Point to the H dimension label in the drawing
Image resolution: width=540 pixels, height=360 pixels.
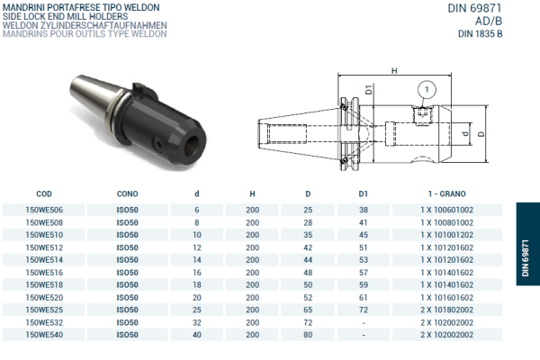point(394,70)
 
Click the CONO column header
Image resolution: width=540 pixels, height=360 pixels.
point(127,193)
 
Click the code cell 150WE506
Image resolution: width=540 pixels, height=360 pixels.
point(44,209)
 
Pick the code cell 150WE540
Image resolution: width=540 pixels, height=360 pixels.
point(44,335)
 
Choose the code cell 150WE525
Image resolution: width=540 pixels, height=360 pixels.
point(44,310)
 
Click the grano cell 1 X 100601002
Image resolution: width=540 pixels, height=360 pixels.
point(446,209)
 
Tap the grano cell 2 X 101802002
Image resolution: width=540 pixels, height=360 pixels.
point(446,310)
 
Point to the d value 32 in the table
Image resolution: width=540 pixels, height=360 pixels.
point(197,322)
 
